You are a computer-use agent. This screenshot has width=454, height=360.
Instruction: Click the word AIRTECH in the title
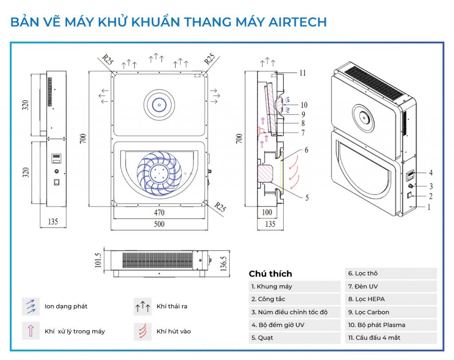coord(297,22)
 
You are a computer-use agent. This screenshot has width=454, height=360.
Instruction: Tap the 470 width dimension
coord(159,212)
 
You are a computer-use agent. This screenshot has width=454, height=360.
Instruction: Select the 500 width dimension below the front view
coord(159,224)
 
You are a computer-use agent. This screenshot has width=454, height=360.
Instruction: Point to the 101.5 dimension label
coord(98,260)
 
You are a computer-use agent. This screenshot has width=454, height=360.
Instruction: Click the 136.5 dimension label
coord(223,263)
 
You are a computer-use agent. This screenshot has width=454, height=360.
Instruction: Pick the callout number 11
coord(302,73)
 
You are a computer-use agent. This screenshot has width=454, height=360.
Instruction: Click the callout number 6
coord(306,150)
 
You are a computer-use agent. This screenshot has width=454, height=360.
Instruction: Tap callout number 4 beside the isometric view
coord(431,173)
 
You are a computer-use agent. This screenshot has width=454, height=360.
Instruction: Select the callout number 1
coord(429,207)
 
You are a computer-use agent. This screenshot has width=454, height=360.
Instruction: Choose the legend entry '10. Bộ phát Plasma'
coord(376,325)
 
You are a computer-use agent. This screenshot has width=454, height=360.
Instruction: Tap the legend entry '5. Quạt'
coord(262,338)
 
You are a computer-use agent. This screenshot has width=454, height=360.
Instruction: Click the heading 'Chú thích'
coord(270,274)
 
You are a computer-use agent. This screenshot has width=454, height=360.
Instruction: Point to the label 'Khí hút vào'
coord(174,331)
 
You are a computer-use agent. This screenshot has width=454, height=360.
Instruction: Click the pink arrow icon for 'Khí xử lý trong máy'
coord(31,331)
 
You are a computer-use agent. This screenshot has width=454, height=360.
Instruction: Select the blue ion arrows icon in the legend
coord(31,306)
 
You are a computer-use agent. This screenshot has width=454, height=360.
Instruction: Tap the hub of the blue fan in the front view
coord(159,173)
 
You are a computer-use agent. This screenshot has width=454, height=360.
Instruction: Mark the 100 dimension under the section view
coord(266,212)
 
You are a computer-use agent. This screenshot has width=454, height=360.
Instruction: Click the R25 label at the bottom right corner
coord(220,207)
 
